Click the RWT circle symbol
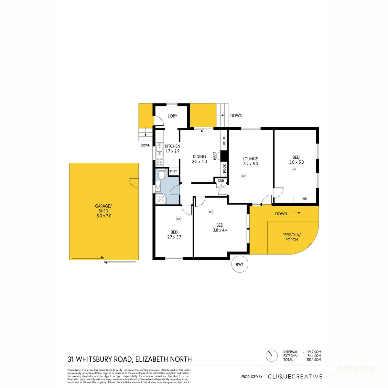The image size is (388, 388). click(240, 264)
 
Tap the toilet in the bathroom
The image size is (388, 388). click(162, 175)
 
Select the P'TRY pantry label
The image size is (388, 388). click(174, 171)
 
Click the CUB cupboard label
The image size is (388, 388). click(221, 180)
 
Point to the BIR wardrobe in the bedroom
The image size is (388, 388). click(305, 199)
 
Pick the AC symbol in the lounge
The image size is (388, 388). click(243, 176)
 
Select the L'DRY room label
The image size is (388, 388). click(172, 116)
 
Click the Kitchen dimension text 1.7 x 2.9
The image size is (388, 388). click(172, 151)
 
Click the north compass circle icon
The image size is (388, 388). click(272, 356)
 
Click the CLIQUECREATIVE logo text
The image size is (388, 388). click(295, 376)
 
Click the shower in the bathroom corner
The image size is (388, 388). click(161, 199)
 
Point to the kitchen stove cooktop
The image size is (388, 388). click(159, 162)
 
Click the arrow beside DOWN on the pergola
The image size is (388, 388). click(296, 213)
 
